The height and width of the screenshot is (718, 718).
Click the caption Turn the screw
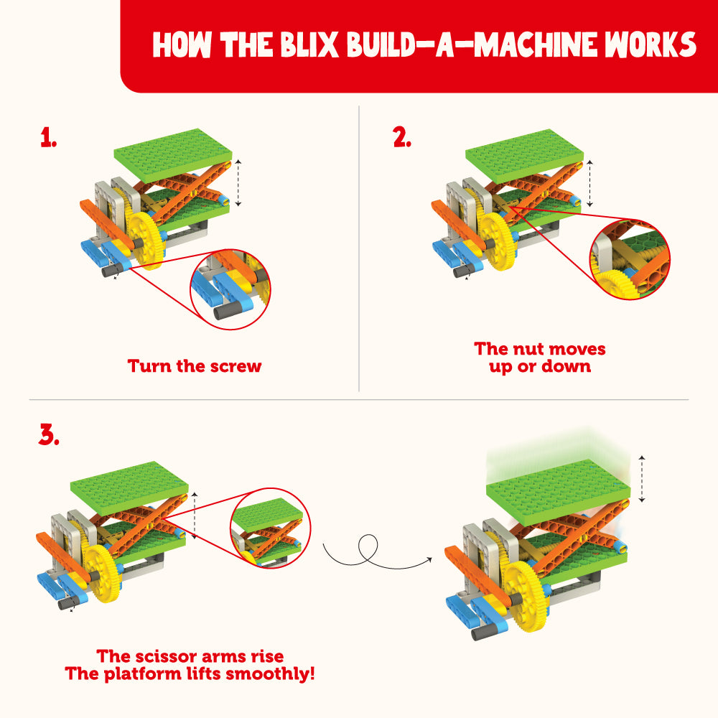(195, 366)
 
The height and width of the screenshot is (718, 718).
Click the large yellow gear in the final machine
(527, 595)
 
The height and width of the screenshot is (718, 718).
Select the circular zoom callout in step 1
(230, 290)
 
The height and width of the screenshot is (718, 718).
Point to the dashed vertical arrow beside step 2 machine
(589, 182)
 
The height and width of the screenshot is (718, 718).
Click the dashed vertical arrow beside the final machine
(643, 479)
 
